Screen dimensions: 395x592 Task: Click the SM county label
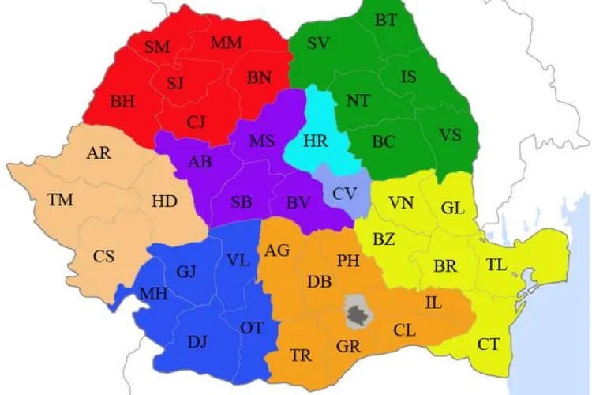coord(158,47)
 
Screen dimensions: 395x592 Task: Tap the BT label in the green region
coord(386,21)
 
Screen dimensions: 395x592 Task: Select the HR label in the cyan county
coord(315,141)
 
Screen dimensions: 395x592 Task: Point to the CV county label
coord(343,193)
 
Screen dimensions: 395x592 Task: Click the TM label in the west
coord(60,200)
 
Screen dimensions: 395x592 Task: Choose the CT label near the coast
coord(489,344)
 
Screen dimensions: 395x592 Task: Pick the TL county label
coord(496,265)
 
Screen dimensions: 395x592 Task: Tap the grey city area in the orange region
coord(359,313)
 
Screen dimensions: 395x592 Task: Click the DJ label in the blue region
coord(197,341)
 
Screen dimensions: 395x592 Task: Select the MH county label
coord(152,294)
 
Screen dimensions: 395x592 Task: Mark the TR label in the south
coord(301,355)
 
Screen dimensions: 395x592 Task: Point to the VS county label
coord(450,134)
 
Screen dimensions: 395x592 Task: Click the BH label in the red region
coord(122,101)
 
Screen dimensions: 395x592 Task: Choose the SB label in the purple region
coord(242,201)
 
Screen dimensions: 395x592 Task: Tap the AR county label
coord(99,153)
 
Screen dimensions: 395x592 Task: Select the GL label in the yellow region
coord(453,209)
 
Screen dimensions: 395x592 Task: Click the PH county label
coord(348,260)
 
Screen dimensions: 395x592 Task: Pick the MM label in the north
coord(226,43)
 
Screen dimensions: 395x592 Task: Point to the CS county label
coord(103,256)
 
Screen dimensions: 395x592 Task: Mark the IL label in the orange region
coord(433,303)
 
